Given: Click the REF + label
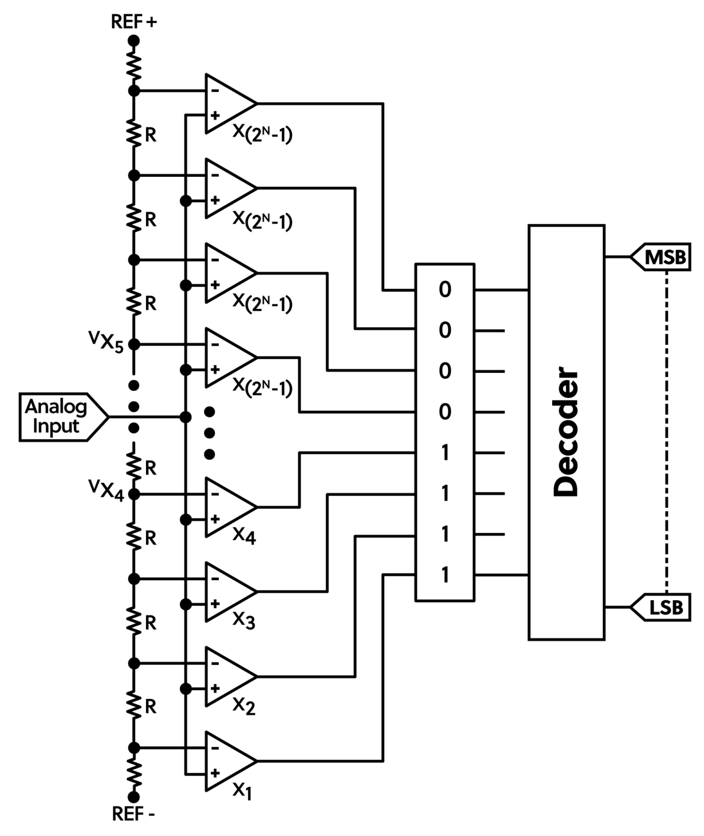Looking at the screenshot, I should tap(133, 22).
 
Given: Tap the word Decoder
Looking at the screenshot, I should tap(566, 433).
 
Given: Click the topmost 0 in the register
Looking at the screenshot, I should tap(445, 290).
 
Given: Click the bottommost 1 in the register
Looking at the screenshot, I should tap(445, 575).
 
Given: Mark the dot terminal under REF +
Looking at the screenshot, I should tap(133, 40).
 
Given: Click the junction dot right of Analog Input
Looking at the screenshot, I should tap(186, 417).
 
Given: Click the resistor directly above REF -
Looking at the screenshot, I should tap(133, 773).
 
